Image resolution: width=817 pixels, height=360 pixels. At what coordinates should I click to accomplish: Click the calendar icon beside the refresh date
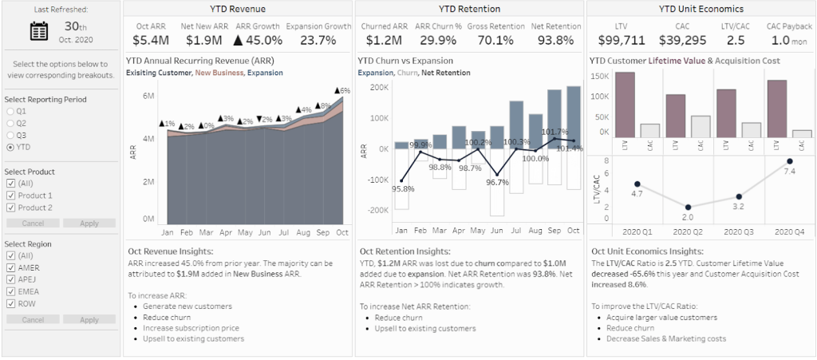[39, 31]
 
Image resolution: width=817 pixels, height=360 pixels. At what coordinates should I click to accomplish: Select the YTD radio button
[10, 147]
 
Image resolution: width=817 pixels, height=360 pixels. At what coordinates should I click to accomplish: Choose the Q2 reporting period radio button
[10, 124]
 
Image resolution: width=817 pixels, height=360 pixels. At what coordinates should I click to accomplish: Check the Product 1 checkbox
[10, 196]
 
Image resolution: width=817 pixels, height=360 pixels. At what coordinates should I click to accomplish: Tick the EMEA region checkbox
[10, 291]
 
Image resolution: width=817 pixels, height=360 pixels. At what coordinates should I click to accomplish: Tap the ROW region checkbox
[10, 303]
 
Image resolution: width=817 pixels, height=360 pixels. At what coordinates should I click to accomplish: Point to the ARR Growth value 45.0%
[255, 40]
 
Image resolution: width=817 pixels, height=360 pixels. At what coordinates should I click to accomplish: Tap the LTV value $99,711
[616, 40]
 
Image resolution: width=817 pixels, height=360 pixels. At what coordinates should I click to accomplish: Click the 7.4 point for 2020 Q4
[790, 161]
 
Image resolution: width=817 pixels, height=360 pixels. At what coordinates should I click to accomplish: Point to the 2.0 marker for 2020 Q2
[689, 207]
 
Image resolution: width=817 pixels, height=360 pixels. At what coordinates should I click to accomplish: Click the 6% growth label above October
[342, 91]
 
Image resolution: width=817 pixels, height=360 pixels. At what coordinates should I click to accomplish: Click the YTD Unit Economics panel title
[701, 10]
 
